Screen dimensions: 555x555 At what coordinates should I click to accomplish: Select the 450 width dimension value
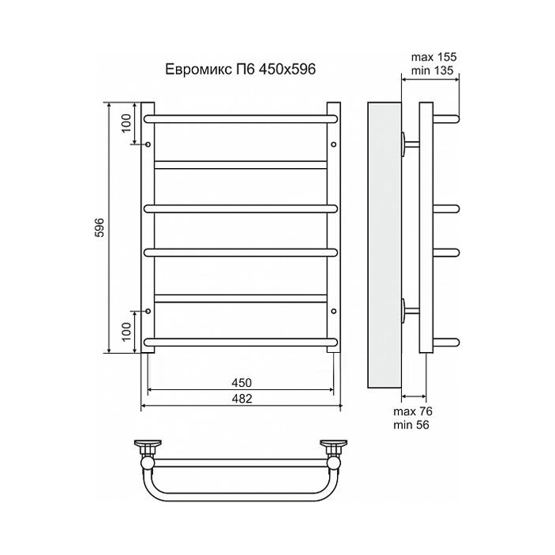[242, 382]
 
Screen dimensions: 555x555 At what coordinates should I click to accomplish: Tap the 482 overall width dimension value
[242, 399]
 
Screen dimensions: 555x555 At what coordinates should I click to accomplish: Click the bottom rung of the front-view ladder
[242, 343]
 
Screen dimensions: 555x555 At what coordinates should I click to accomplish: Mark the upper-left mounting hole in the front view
[149, 144]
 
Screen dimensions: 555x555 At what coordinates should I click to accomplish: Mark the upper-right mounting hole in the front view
[334, 144]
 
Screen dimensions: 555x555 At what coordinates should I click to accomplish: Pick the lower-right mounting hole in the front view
[334, 311]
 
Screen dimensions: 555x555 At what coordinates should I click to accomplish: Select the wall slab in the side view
[385, 246]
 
